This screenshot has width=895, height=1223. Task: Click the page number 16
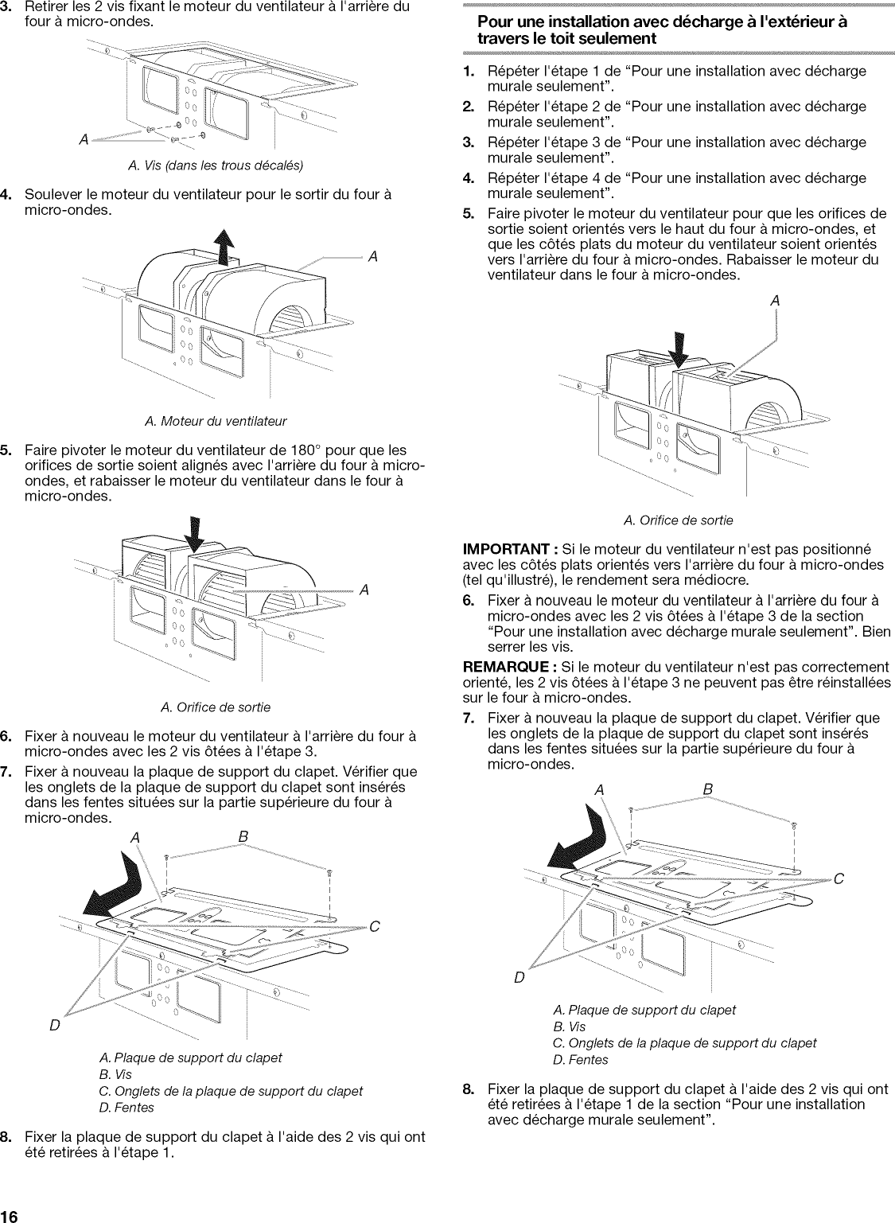tap(10, 1214)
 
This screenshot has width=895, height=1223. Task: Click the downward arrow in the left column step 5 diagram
tap(194, 535)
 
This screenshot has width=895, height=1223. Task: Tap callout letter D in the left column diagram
tap(55, 1026)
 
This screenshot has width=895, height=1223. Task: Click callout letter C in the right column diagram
tap(839, 879)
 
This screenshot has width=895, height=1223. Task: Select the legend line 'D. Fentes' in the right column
tap(580, 1060)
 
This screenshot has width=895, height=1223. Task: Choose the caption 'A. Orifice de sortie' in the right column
tap(678, 520)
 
